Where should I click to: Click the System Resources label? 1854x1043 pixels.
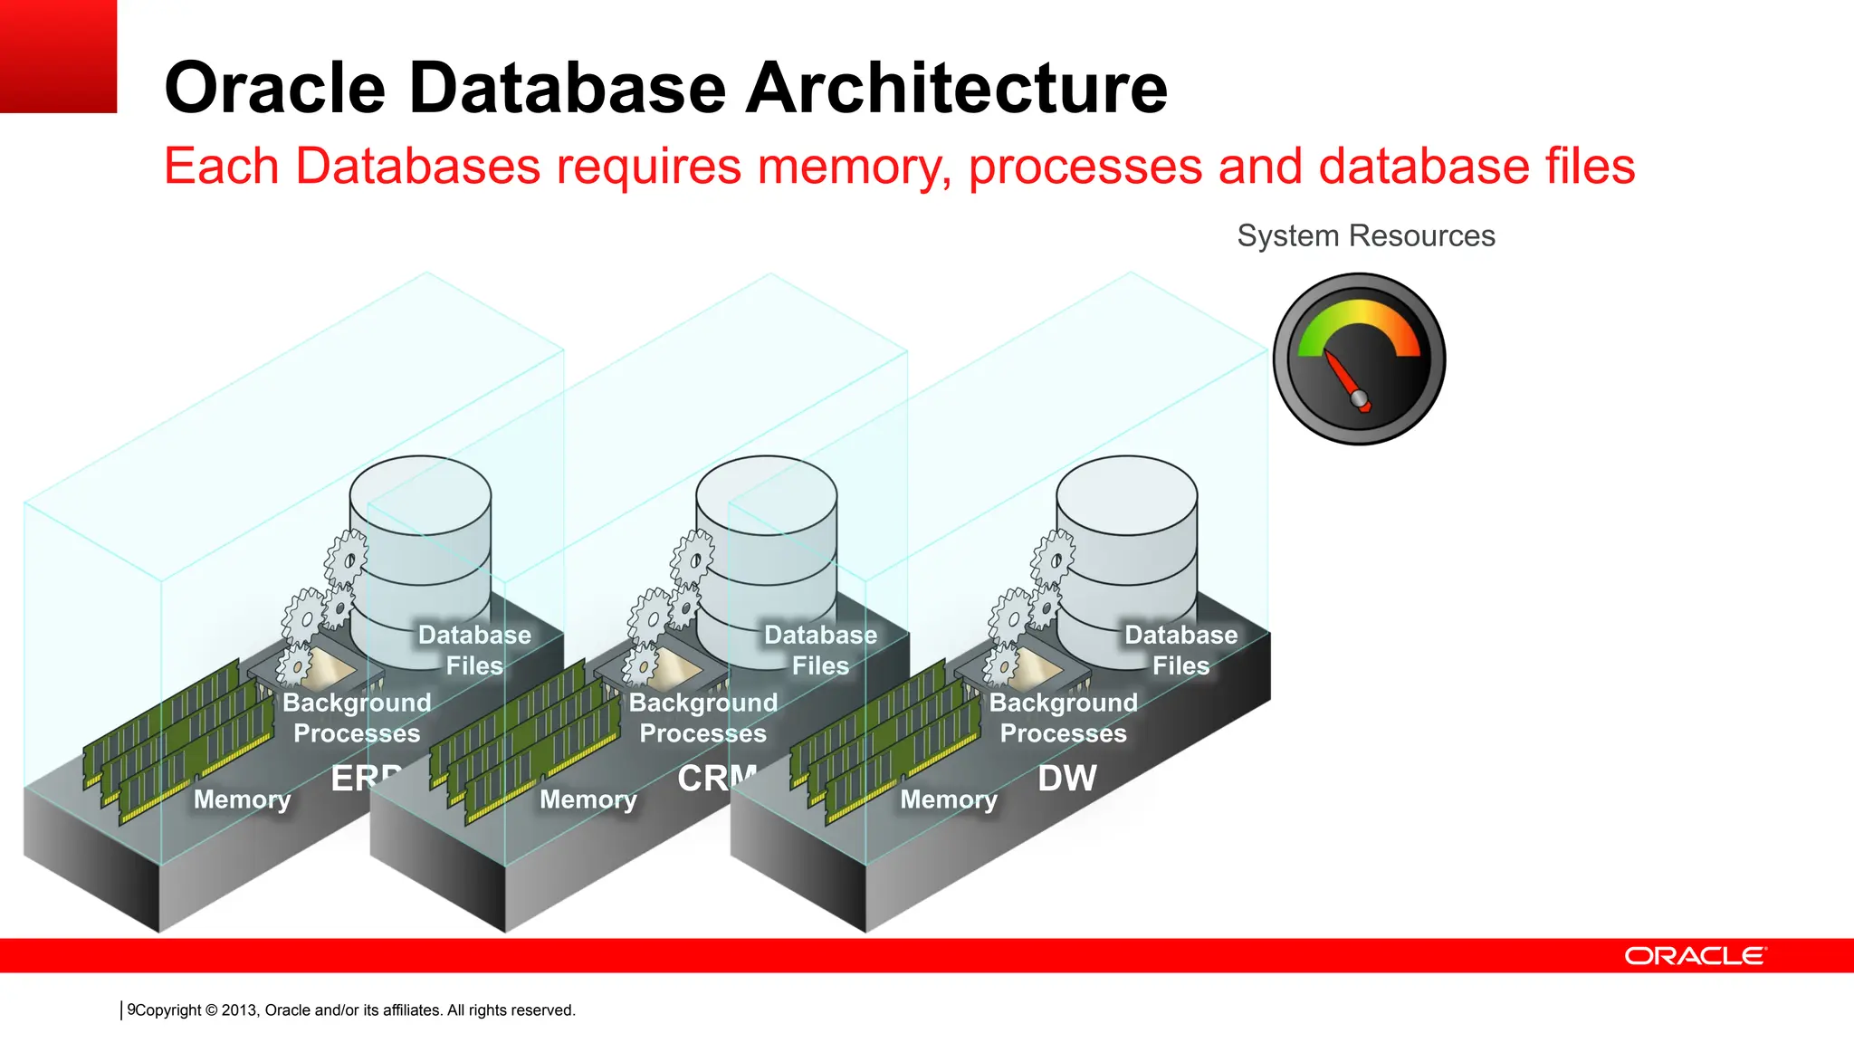click(1365, 236)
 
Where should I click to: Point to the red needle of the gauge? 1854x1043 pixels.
click(1342, 376)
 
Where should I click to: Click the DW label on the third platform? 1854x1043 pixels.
click(1066, 779)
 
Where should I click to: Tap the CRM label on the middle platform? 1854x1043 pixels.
click(715, 778)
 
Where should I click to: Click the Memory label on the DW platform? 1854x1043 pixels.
click(948, 799)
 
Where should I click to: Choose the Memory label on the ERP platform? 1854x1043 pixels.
click(242, 799)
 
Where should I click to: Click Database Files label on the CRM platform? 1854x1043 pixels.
click(820, 650)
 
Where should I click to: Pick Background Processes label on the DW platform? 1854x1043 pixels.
click(1063, 718)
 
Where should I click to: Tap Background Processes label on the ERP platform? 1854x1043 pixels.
click(357, 718)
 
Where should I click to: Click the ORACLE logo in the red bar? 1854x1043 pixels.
click(1694, 956)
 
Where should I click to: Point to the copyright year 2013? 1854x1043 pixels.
click(239, 1010)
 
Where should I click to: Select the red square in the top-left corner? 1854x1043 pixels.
click(58, 56)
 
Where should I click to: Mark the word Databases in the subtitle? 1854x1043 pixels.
click(417, 167)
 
